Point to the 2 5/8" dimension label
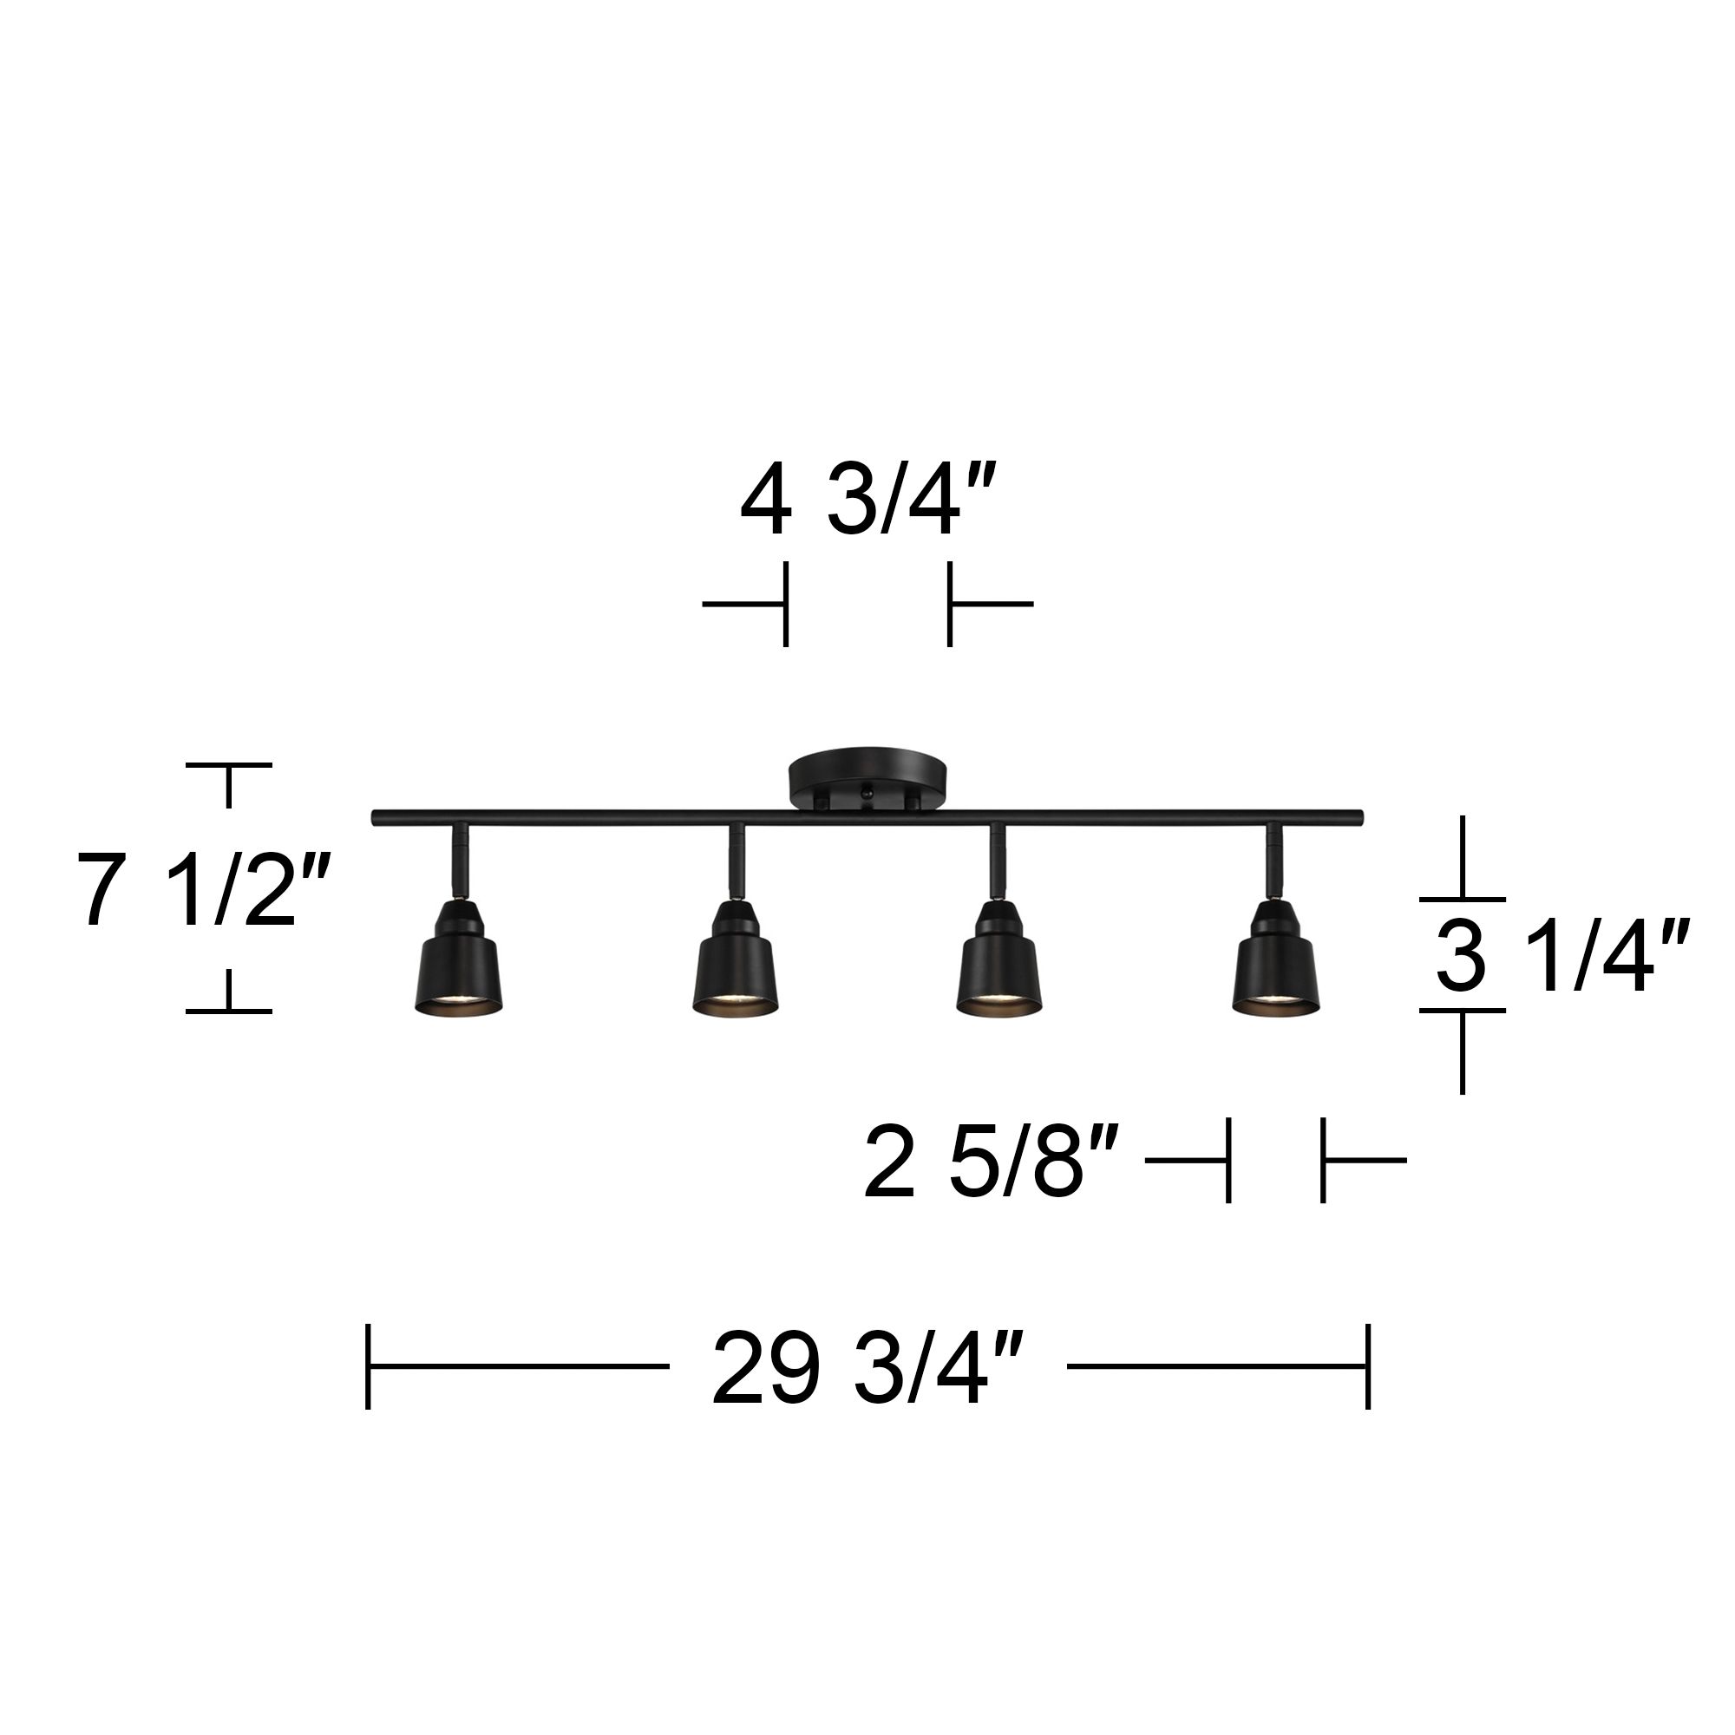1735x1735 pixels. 992,1165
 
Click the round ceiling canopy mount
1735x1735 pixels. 867,777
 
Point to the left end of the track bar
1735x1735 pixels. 377,817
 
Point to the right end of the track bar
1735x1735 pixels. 1358,817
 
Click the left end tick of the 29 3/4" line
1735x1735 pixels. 368,1367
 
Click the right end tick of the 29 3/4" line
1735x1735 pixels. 1368,1367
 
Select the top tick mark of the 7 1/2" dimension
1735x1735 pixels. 229,766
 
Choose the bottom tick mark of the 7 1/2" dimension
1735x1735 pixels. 229,1011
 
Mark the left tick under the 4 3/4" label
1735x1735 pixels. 786,604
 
